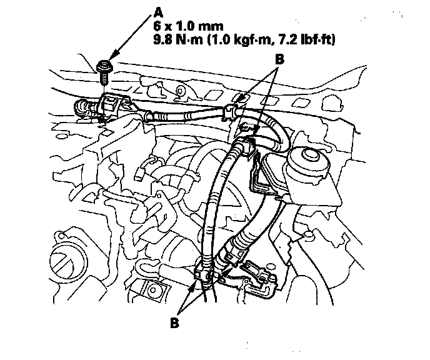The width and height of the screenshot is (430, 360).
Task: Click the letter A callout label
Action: [158, 12]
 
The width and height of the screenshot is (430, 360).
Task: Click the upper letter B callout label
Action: [279, 59]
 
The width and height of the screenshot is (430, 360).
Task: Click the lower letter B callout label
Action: [175, 322]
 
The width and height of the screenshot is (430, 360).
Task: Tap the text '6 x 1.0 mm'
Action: [188, 26]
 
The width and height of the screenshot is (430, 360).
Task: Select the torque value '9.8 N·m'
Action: [178, 40]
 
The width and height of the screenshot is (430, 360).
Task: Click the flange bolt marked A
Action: [103, 72]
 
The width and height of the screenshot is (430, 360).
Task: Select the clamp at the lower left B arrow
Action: [203, 275]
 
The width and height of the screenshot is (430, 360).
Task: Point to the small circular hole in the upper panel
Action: [180, 90]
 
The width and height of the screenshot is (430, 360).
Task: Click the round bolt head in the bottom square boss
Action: [152, 290]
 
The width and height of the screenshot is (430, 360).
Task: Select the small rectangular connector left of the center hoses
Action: [139, 174]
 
